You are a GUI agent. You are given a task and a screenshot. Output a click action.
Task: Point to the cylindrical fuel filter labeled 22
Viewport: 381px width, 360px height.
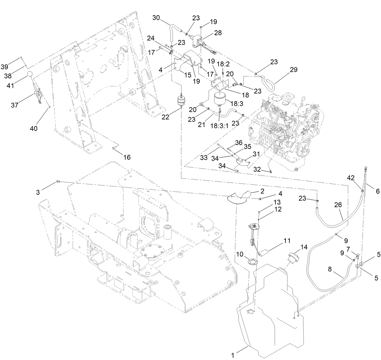click(181, 101)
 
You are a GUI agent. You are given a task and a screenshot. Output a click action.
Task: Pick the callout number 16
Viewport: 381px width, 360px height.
click(127, 157)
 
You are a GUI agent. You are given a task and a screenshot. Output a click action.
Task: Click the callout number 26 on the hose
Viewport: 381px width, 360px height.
click(338, 205)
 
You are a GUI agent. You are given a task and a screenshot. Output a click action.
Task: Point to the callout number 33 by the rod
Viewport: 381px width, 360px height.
click(204, 158)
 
